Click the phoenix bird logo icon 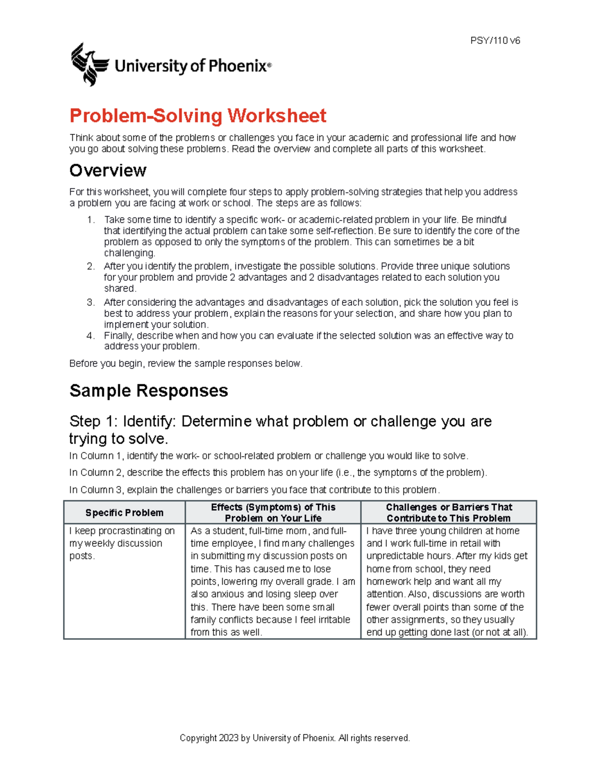coord(89,64)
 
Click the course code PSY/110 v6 coord(495,41)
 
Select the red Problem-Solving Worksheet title coord(198,116)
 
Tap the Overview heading coord(108,171)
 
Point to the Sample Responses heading coord(148,391)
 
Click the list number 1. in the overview coord(91,220)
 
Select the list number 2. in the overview coord(91,266)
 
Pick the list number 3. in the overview coord(91,303)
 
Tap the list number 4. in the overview coord(91,336)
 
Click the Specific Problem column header coord(124,513)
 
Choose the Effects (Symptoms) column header coord(273,513)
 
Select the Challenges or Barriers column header coord(448,513)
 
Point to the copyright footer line coord(295,738)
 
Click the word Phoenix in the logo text coord(237,66)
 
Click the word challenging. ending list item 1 coord(129,253)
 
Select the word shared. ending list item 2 coord(120,289)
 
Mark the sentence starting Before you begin coord(186,364)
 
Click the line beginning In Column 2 coord(278,473)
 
